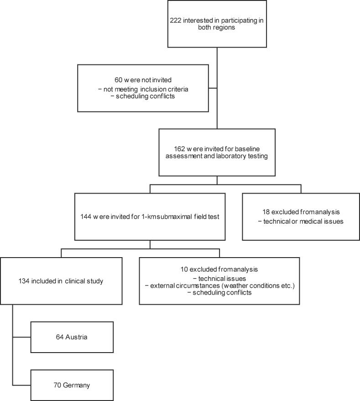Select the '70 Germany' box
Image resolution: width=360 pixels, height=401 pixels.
(72, 385)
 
